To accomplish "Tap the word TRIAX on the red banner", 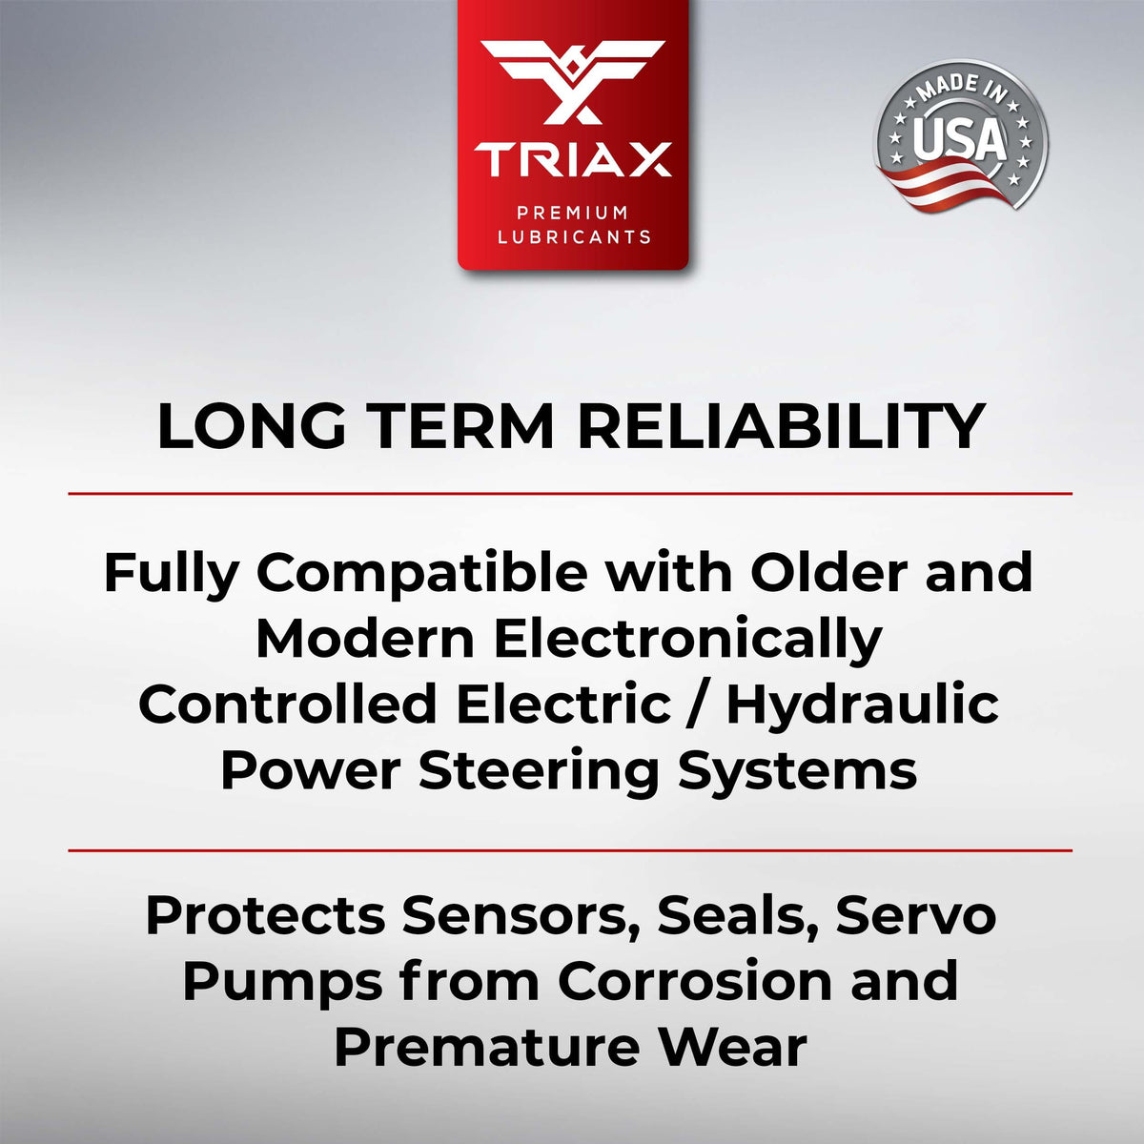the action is [x=572, y=160].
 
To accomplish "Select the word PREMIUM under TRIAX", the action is [x=572, y=212].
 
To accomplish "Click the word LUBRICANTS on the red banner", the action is [x=574, y=236].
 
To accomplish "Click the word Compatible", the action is [x=422, y=574].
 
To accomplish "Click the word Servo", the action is [x=915, y=916].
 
